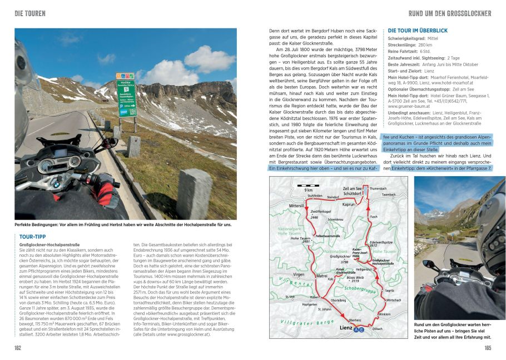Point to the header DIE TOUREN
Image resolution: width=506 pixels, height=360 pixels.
(x=30, y=13)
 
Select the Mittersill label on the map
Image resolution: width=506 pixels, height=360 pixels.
(x=298, y=206)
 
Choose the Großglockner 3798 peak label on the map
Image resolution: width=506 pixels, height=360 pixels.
(x=339, y=258)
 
